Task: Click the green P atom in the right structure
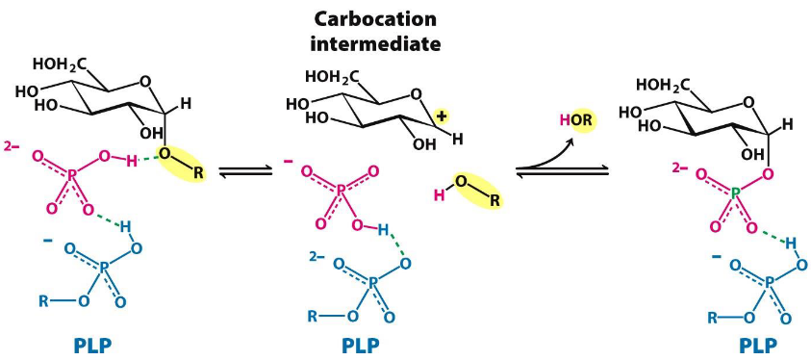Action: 736,193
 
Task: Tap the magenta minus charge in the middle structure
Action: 289,158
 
